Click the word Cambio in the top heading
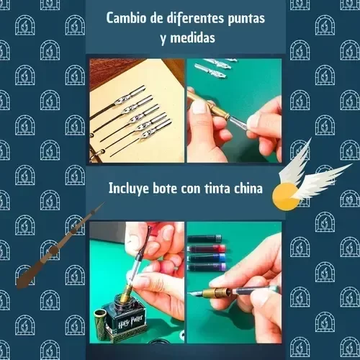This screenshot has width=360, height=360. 127,18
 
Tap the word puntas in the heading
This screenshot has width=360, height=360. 246,19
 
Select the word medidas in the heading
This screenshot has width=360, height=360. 193,37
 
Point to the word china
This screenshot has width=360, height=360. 248,188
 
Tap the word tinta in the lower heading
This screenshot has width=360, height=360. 217,188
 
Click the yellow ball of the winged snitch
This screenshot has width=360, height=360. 286,197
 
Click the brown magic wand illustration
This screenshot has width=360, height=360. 60,246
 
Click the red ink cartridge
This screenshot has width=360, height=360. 207,248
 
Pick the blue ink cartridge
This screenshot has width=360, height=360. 207,258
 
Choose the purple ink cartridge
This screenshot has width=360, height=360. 207,266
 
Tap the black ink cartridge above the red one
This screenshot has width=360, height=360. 204,239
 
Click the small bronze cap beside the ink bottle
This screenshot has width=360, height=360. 100,323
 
